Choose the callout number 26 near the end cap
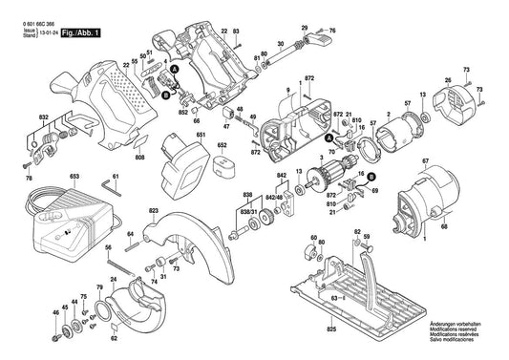[448, 79]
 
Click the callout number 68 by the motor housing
[443, 225]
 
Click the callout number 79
[98, 287]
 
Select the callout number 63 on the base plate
[334, 298]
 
